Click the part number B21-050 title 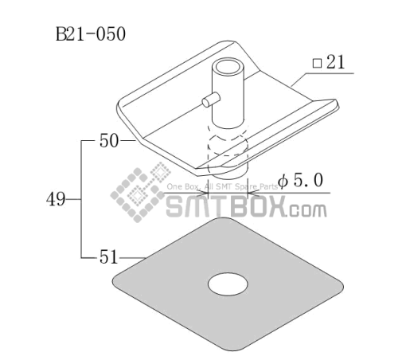pos(91,34)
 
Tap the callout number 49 pos(56,199)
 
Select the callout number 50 pos(109,141)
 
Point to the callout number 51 pos(108,257)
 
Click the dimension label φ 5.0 pos(301,181)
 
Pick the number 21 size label pos(336,62)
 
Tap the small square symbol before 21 pos(317,64)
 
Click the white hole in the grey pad pos(228,284)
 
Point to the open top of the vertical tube pos(228,66)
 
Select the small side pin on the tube pos(211,100)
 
